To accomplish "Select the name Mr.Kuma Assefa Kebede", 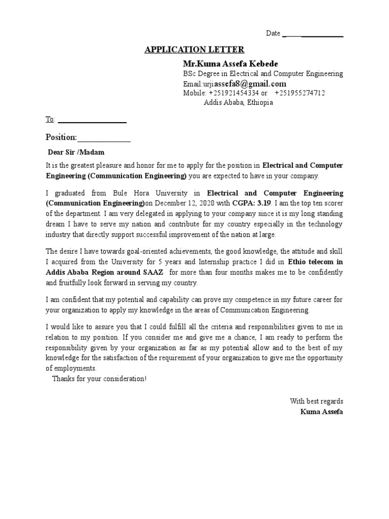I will pos(230,64).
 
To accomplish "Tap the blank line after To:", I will pos(92,120).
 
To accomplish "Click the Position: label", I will pos(61,137).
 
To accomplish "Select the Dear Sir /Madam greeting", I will pos(76,152).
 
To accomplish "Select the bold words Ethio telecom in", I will pos(315,263).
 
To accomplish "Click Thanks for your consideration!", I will pos(99,379).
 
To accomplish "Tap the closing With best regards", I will pos(316,401).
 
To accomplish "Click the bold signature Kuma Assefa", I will pos(321,412).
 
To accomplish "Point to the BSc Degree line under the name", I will pos(262,74).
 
